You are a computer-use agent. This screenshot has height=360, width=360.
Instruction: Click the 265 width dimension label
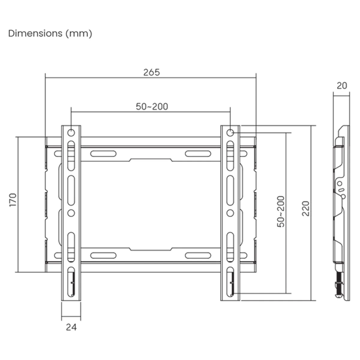pos(151,72)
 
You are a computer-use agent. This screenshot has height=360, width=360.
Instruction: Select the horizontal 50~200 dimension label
pos(152,106)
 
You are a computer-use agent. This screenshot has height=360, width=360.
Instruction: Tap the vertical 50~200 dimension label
pos(281,211)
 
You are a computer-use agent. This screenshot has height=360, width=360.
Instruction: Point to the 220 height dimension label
pos(306,208)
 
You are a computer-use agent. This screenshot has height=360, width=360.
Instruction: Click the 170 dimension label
pos(13,200)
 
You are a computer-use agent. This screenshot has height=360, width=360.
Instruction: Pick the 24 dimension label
pos(71,327)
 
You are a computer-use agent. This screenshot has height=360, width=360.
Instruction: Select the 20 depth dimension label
pos(342,86)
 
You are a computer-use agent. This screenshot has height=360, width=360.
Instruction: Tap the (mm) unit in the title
pos(79,33)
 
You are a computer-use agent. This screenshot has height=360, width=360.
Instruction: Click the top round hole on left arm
pos(71,132)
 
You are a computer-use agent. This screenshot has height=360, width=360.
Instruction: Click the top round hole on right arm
pos(230,132)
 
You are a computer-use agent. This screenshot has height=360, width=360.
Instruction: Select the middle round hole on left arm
pos(71,213)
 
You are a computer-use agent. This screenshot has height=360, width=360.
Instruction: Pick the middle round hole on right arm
pos(230,213)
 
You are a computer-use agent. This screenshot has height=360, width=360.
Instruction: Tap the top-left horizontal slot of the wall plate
pos(103,154)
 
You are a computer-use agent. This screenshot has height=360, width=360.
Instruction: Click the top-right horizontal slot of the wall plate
pos(198,154)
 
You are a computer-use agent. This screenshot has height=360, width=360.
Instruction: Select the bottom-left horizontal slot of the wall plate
pos(103,256)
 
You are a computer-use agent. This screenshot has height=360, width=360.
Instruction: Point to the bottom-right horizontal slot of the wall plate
pos(198,256)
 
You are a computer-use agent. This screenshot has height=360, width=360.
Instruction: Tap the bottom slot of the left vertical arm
pos(71,282)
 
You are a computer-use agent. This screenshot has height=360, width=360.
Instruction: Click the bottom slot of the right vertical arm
pos(230,282)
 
